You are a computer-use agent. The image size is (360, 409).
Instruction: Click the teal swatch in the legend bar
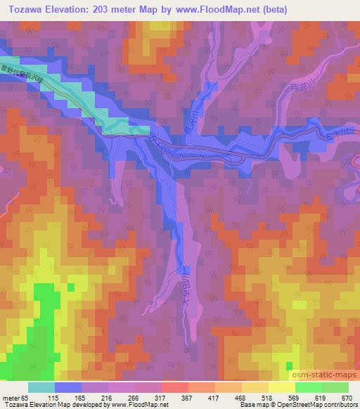(41, 387)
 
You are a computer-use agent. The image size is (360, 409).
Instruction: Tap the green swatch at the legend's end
(335, 387)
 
